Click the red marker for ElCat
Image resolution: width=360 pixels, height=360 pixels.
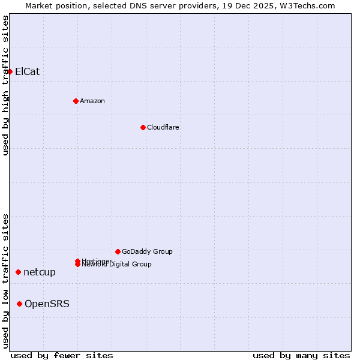(x=10, y=72)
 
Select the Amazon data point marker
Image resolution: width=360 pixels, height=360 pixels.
(x=76, y=101)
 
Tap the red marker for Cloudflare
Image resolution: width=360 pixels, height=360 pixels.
(x=143, y=127)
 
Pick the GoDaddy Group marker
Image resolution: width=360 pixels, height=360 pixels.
(x=118, y=251)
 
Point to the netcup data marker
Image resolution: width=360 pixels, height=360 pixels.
(x=18, y=272)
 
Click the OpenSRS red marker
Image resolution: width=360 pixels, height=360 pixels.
(x=19, y=304)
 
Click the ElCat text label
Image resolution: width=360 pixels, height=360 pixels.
(x=28, y=72)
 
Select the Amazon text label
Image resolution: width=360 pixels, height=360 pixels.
(x=92, y=101)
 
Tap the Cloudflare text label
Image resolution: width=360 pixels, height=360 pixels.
(x=163, y=127)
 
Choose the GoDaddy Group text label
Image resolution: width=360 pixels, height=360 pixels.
(x=147, y=251)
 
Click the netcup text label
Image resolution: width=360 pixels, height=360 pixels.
(x=40, y=272)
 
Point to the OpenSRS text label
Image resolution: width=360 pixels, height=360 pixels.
(x=47, y=304)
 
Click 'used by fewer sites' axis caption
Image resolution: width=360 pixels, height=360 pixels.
(x=62, y=356)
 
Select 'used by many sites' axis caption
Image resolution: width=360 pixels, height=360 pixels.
(x=301, y=356)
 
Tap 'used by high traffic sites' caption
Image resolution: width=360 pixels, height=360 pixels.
(x=5, y=85)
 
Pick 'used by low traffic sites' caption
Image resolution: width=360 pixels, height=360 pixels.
(x=5, y=281)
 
